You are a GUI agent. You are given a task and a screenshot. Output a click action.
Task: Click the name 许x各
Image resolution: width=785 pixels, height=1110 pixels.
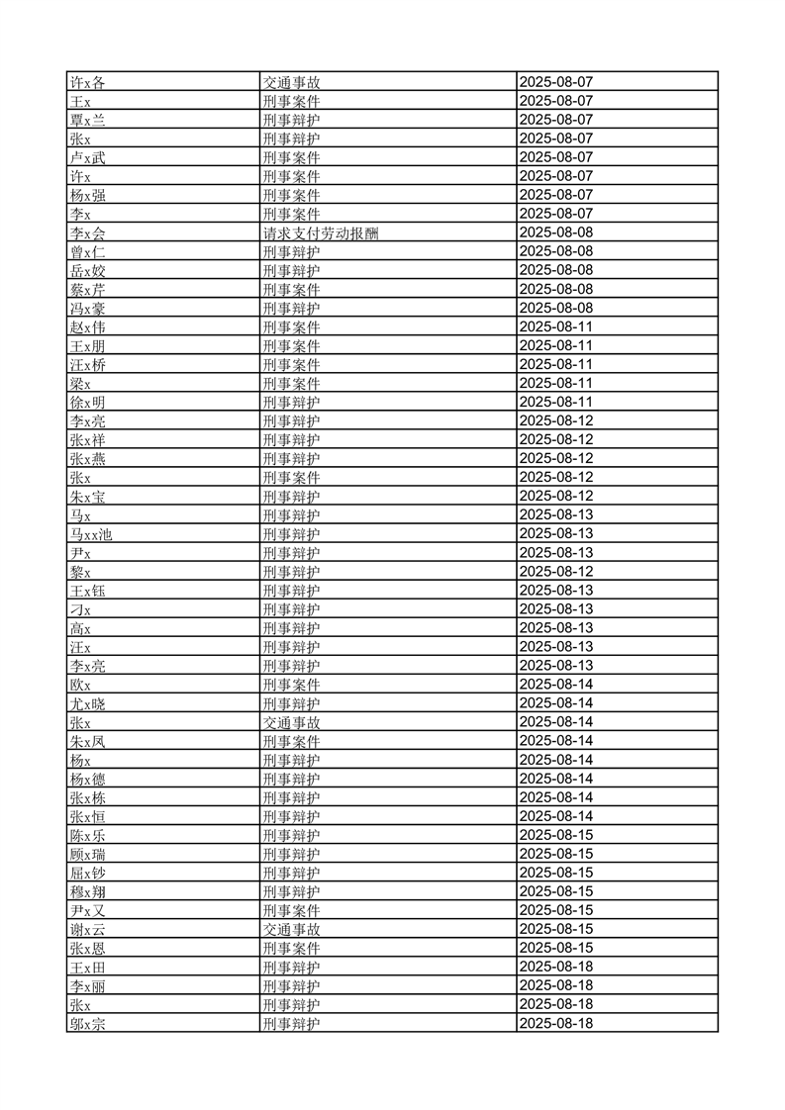tap(87, 82)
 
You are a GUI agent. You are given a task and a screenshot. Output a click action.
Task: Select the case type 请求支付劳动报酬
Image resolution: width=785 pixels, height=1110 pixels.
tap(320, 232)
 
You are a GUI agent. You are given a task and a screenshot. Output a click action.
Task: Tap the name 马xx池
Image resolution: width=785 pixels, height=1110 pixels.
tap(90, 534)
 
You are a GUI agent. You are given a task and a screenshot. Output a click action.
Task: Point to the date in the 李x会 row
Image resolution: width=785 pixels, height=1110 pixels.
tap(555, 232)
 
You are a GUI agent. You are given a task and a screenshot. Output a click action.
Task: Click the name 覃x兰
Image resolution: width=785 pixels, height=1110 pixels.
tap(87, 120)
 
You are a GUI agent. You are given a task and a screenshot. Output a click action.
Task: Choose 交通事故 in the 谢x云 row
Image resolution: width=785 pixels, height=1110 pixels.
tap(291, 929)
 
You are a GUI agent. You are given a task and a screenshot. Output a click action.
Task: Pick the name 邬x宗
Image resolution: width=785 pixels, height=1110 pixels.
tap(87, 1024)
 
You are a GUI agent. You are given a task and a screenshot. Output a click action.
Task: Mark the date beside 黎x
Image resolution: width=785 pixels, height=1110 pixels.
tap(555, 572)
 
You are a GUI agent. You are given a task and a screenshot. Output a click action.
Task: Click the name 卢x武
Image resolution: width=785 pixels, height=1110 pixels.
tap(87, 157)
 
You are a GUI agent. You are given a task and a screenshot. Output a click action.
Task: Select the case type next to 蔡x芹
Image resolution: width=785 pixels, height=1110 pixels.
tap(291, 289)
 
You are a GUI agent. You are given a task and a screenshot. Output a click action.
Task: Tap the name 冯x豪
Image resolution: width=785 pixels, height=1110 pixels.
tap(87, 308)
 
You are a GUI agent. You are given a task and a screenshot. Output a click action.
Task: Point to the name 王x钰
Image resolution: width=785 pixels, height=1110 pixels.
tap(87, 591)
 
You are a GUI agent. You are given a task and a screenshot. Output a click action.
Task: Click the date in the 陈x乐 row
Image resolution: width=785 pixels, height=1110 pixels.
tap(555, 835)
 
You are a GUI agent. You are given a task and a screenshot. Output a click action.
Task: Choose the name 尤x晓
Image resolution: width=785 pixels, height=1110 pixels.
tap(87, 703)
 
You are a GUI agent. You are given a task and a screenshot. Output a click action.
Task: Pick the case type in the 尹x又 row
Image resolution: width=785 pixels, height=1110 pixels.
tap(291, 910)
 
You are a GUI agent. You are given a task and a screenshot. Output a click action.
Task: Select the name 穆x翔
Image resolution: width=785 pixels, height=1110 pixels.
tap(87, 891)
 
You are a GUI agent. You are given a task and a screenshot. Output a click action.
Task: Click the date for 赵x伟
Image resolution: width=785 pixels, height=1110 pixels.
tap(555, 326)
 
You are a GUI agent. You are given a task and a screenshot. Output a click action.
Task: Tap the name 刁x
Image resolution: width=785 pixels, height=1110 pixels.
tap(80, 609)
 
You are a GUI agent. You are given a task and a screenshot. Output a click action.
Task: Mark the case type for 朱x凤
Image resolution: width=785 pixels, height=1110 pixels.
tap(291, 741)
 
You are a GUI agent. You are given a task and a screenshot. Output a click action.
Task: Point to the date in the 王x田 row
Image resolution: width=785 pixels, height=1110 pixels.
tap(555, 967)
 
